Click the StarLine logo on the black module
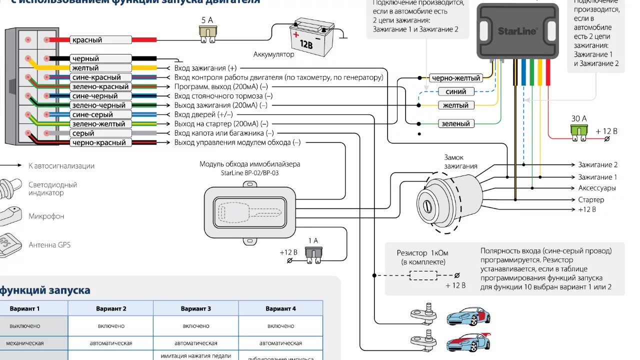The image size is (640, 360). coord(517,31)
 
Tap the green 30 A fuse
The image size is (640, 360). coord(578,131)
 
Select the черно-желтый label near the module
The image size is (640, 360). coord(455,78)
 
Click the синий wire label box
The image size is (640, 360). coord(455,91)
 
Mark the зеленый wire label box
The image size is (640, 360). coord(455,123)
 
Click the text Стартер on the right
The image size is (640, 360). coord(591,199)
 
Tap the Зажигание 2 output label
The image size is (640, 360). coord(597,164)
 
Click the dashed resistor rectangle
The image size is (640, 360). coord(423,275)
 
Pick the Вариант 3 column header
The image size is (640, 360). coord(195,308)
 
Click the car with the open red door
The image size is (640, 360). coord(468,316)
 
